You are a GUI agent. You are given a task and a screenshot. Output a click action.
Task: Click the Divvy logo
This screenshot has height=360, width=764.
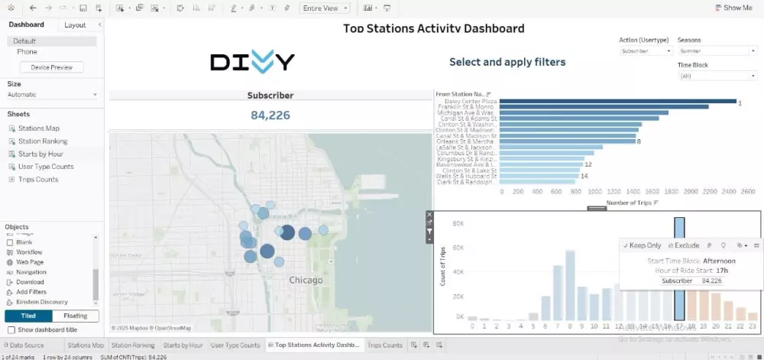[252, 62]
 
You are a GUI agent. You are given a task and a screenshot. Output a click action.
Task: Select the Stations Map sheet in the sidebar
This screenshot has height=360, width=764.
[39, 128]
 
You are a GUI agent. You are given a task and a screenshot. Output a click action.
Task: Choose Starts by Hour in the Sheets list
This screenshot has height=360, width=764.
[41, 154]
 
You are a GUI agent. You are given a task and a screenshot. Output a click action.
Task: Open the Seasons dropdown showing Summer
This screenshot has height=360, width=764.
[717, 51]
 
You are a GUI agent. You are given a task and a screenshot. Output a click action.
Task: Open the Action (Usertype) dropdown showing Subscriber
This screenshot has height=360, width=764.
[646, 51]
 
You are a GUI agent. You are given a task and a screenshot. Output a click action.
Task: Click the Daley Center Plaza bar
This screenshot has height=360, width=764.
[617, 101]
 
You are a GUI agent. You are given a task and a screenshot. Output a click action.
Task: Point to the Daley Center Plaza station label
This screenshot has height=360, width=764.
[471, 101]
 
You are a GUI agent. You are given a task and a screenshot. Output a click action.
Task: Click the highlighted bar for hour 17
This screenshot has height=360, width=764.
[679, 268]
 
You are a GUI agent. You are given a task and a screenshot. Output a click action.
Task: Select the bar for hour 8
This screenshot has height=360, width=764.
[570, 285]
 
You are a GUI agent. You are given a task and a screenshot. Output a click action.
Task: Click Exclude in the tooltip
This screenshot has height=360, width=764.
[683, 245]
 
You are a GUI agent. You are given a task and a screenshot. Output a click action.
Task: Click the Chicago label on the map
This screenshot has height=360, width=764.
[306, 281]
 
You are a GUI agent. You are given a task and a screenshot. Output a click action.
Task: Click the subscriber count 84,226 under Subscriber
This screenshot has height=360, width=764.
[270, 115]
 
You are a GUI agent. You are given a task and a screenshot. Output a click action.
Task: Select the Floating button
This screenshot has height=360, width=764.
[76, 316]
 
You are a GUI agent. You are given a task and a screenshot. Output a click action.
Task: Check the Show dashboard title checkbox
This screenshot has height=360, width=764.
[11, 329]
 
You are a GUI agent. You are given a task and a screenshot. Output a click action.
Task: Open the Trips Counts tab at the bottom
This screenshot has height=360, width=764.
[385, 345]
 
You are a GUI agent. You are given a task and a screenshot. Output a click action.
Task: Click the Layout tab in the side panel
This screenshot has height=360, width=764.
[75, 25]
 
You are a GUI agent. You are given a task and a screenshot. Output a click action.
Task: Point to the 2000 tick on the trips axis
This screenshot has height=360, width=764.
[691, 192]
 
